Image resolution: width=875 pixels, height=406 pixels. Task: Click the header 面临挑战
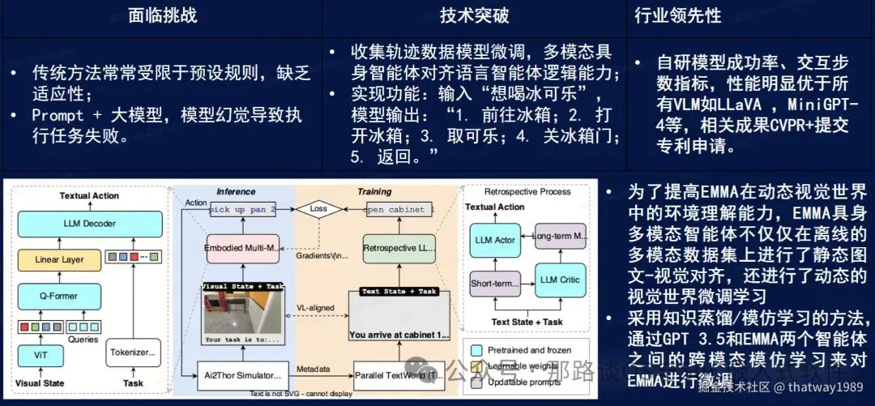tap(162, 15)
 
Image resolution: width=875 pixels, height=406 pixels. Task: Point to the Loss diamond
tap(315, 208)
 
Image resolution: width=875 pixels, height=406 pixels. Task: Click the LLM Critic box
tap(559, 280)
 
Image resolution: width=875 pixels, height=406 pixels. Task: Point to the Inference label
tap(237, 191)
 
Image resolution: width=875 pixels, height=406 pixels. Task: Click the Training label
tap(373, 191)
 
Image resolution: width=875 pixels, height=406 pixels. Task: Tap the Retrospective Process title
tap(527, 191)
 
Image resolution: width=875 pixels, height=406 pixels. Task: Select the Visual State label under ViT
tap(39, 383)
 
